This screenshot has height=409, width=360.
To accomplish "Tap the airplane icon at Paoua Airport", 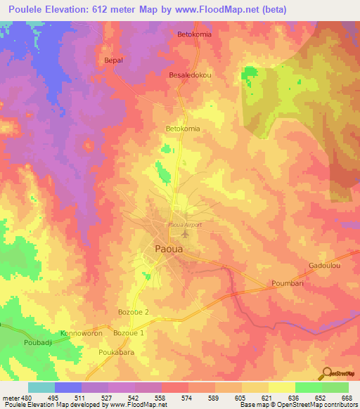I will [x=186, y=234].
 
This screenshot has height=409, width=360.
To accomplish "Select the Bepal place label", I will [x=113, y=60].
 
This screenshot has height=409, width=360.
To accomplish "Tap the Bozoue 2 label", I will [x=134, y=311].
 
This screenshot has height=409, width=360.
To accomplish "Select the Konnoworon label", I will [x=82, y=332].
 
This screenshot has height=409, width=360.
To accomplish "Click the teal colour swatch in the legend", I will [x=41, y=387].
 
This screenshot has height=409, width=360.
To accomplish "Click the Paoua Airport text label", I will [x=185, y=224].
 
